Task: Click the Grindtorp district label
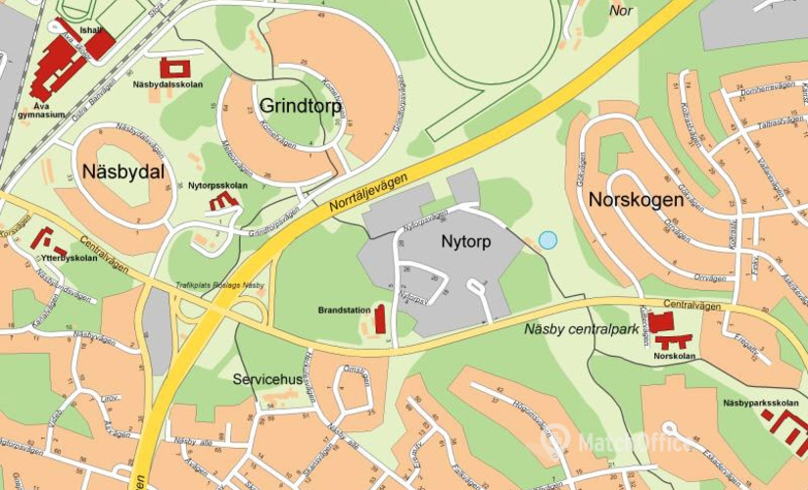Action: pyautogui.click(x=301, y=106)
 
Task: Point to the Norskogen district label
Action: pyautogui.click(x=636, y=200)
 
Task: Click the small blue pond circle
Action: pyautogui.click(x=547, y=239)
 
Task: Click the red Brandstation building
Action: pyautogui.click(x=380, y=318)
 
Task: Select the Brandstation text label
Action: pyautogui.click(x=344, y=310)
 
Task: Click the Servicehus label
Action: pyautogui.click(x=265, y=377)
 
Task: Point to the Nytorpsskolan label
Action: pyautogui.click(x=217, y=185)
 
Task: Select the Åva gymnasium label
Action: pyautogui.click(x=41, y=109)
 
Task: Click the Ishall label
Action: pyautogui.click(x=90, y=29)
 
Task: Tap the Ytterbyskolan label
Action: pyautogui.click(x=69, y=258)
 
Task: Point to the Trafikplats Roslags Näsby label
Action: pyautogui.click(x=219, y=284)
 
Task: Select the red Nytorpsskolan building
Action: pyautogui.click(x=224, y=201)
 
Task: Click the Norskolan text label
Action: pyautogui.click(x=674, y=356)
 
